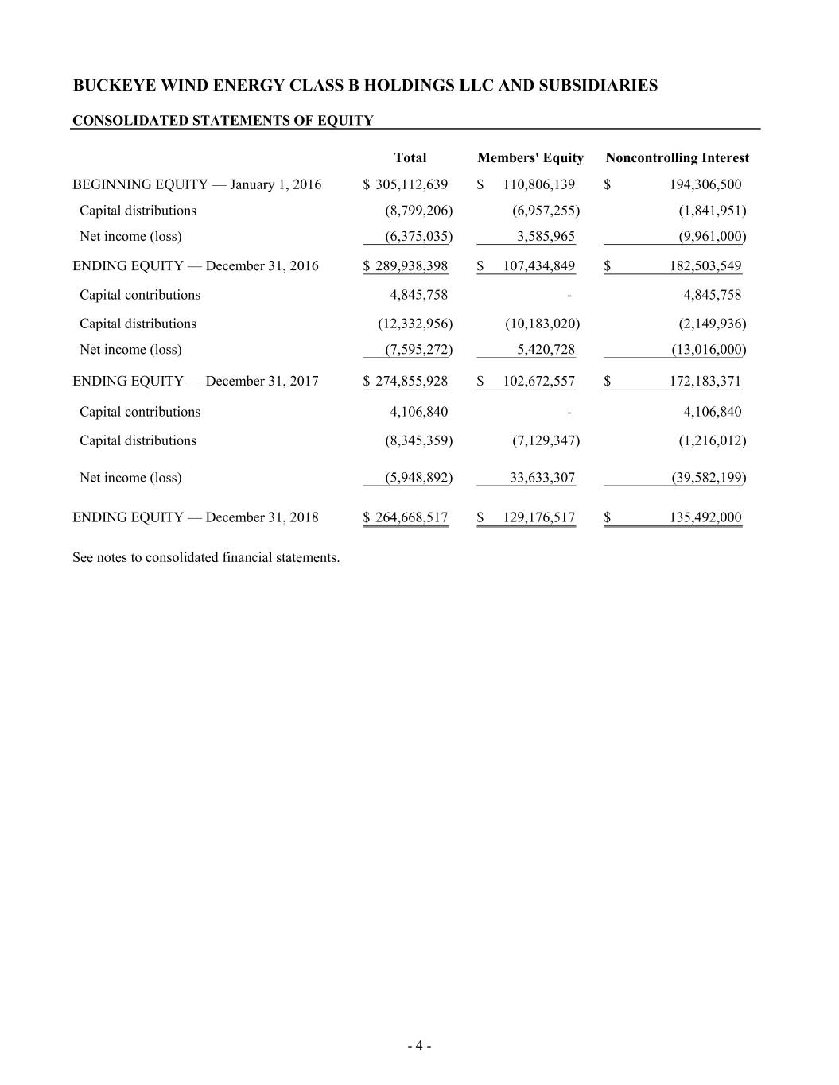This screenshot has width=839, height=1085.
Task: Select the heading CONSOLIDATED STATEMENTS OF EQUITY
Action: pos(223,121)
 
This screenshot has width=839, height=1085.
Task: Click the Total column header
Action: pos(410,158)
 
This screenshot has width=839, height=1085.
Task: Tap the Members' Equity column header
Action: pos(530,158)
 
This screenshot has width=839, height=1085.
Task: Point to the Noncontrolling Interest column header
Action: pos(677,158)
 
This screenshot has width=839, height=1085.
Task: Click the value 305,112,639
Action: pos(411,185)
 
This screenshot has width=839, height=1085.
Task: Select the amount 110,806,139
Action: pos(538,185)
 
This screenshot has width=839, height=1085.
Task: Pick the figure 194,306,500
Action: pos(705,185)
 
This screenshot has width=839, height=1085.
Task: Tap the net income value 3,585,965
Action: pos(546,236)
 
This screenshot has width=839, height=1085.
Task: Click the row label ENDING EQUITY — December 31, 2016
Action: pos(196,266)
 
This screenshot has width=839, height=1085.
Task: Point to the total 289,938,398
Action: pos(411,266)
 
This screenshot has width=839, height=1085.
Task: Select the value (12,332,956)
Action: pos(414,324)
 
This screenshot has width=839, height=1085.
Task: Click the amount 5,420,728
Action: pos(546,350)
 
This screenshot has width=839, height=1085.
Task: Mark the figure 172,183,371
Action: pos(705,382)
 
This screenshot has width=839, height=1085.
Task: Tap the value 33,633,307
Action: pos(542,478)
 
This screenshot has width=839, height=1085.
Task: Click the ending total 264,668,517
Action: pos(411,518)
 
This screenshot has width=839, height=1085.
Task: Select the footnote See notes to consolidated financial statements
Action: pos(206,558)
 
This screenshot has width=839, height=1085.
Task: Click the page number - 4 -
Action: pos(419,1046)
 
